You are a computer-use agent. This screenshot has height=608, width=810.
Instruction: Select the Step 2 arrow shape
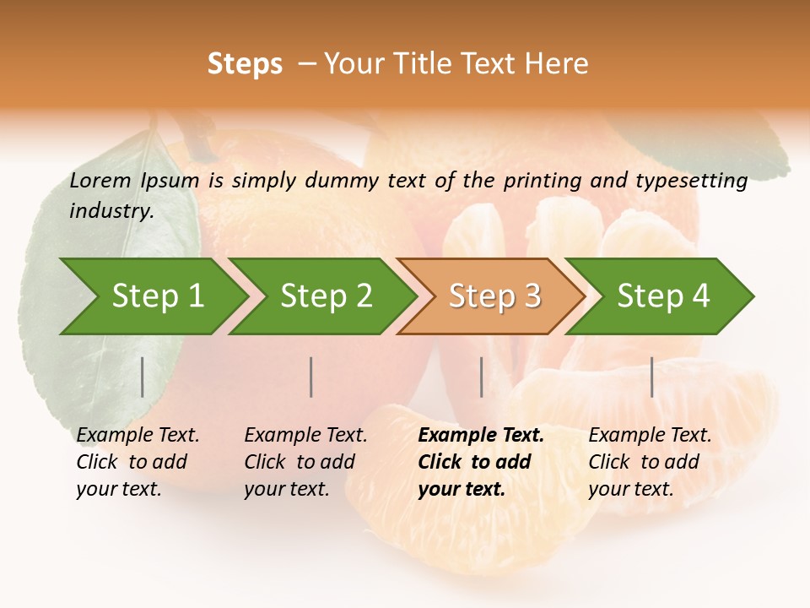326,296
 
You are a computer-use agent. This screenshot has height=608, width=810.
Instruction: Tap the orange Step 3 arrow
494,296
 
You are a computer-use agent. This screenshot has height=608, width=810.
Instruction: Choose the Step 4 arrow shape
663,296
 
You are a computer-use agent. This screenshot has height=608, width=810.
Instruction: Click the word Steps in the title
245,64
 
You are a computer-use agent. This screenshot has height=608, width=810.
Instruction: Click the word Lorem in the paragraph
100,180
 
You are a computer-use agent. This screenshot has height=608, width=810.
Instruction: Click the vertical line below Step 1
143,377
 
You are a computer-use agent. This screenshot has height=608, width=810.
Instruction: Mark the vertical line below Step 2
311,377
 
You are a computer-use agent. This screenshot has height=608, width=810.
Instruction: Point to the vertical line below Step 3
481,377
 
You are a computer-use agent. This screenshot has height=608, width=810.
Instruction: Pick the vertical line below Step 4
651,377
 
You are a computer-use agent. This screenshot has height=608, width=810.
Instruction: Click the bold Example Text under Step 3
481,436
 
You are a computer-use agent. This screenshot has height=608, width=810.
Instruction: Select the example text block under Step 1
138,462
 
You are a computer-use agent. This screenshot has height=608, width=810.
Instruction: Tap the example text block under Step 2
305,462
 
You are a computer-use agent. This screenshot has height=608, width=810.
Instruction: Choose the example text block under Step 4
650,462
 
